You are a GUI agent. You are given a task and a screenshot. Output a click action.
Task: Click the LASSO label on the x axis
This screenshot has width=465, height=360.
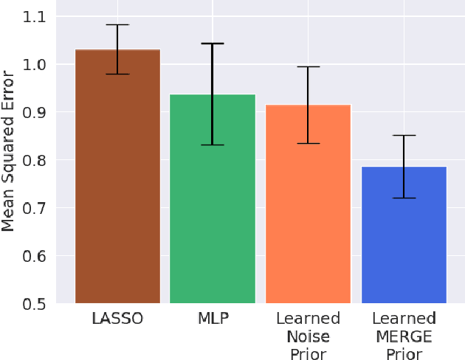pyautogui.click(x=117, y=319)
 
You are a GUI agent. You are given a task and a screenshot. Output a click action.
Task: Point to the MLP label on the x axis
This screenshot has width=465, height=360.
pyautogui.click(x=213, y=319)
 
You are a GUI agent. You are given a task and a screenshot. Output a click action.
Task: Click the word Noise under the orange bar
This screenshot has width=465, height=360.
pyautogui.click(x=308, y=336)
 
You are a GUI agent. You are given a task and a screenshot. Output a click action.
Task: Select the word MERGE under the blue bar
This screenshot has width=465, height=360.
pyautogui.click(x=404, y=336)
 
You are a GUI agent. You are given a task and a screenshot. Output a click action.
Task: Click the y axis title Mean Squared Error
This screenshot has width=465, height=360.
pyautogui.click(x=9, y=151)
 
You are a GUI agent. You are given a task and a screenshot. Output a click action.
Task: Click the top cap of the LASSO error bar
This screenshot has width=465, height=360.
pyautogui.click(x=117, y=25)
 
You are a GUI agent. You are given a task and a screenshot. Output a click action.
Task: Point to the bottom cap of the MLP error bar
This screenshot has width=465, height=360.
pyautogui.click(x=213, y=145)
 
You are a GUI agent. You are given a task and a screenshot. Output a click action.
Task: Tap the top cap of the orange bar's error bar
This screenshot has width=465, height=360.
pyautogui.click(x=308, y=67)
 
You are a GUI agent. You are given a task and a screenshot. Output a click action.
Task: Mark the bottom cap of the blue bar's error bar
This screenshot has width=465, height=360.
pyautogui.click(x=404, y=198)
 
